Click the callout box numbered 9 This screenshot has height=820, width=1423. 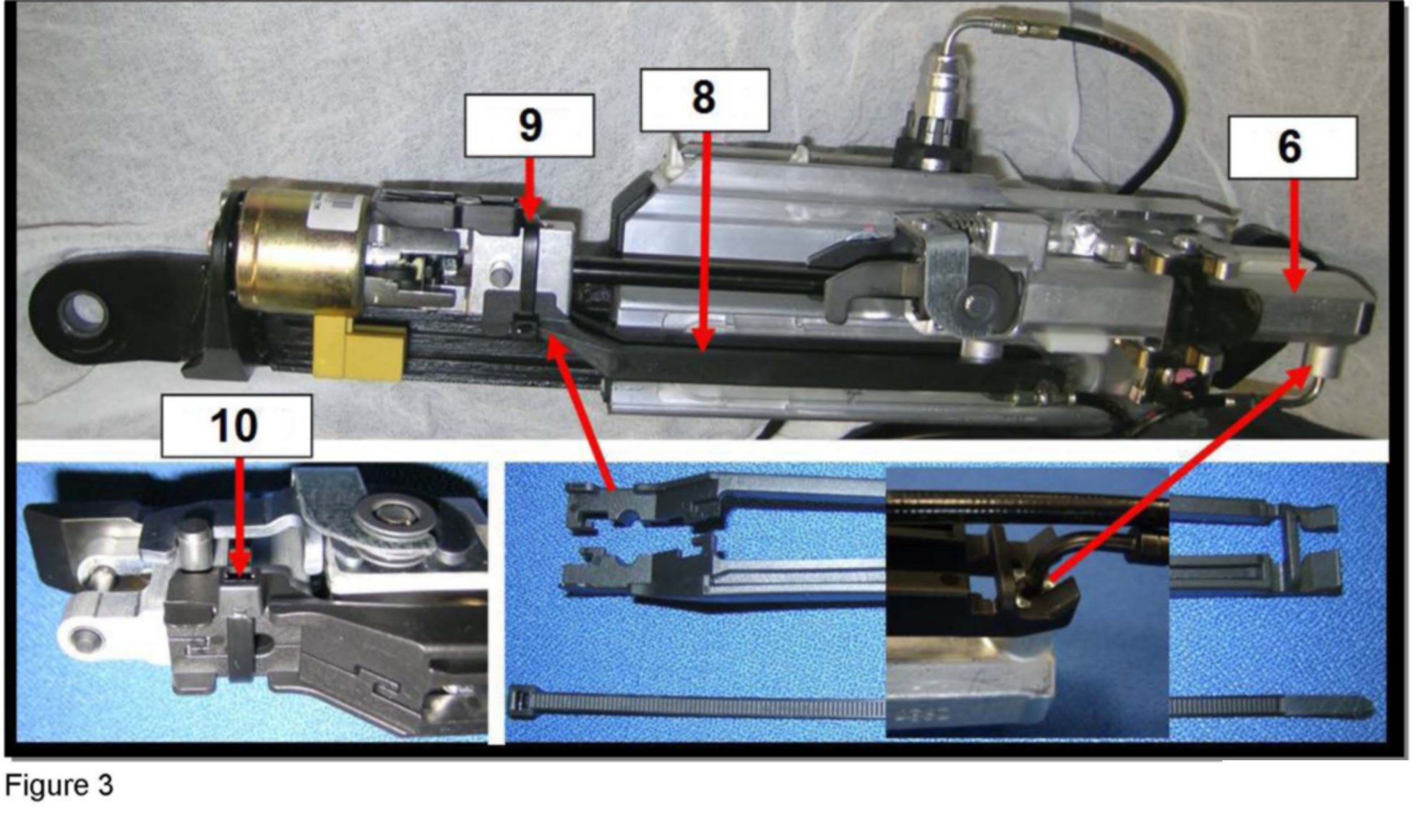pyautogui.click(x=529, y=125)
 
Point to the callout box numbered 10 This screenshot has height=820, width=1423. pyautogui.click(x=236, y=426)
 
